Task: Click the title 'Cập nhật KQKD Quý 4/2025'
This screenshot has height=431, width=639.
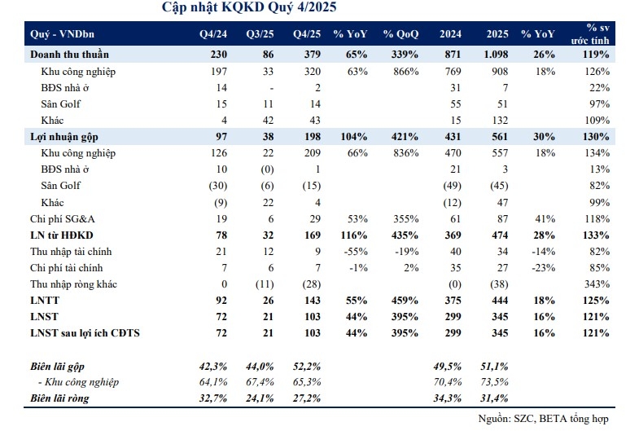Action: (249, 7)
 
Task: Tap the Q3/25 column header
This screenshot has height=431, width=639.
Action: (260, 34)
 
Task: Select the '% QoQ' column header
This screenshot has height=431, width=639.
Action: (400, 34)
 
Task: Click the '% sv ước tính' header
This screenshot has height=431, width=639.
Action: (590, 34)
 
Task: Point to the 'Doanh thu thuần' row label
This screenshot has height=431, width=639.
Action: (69, 55)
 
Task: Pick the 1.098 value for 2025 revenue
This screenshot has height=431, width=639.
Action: (496, 55)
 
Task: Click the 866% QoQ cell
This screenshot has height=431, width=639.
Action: (405, 72)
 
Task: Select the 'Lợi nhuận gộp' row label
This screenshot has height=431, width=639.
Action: (64, 137)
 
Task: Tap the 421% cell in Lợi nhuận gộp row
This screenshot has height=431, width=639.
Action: (405, 137)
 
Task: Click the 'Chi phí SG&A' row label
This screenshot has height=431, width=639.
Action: (63, 219)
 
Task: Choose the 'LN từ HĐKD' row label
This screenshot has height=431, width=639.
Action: (62, 235)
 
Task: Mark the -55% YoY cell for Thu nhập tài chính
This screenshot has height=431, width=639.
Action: (356, 252)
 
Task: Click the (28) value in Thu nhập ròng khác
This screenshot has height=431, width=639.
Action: (311, 284)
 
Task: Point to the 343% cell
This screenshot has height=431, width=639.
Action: (597, 284)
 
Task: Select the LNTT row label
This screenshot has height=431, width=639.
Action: (45, 301)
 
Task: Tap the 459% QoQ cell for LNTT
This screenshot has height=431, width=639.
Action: (405, 301)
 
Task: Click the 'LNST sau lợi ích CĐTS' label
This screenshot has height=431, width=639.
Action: (85, 333)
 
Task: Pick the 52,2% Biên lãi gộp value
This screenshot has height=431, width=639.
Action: (307, 367)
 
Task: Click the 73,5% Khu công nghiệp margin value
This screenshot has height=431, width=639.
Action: (494, 382)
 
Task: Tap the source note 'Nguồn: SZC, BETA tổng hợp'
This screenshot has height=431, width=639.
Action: (543, 419)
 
